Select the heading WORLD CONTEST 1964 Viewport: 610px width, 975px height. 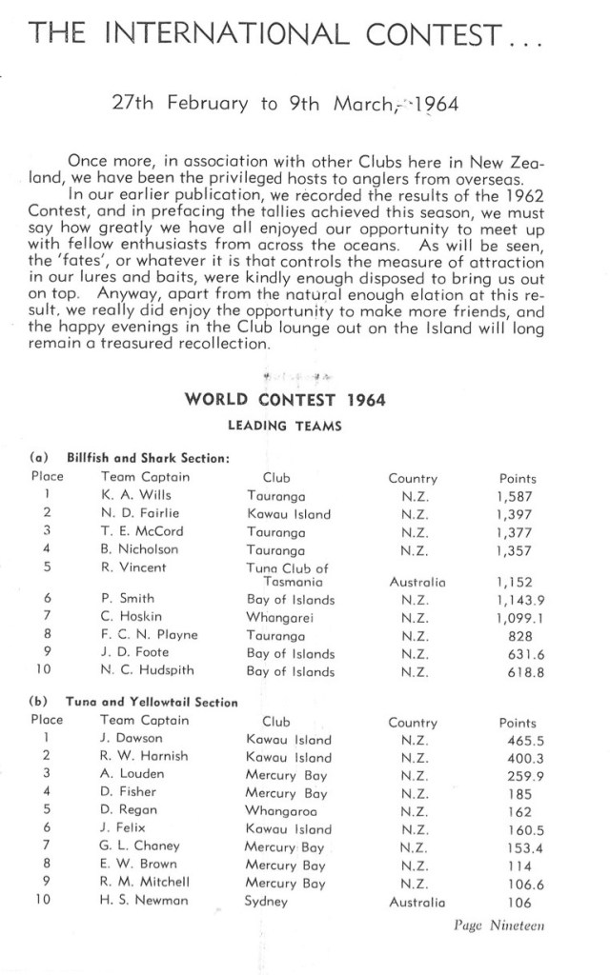tap(285, 399)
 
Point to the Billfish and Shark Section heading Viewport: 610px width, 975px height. tap(149, 458)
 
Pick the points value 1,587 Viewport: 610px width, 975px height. tap(517, 496)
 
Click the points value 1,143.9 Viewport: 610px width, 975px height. tap(517, 600)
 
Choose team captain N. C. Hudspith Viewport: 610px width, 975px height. tap(147, 671)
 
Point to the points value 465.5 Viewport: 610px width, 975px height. tap(520, 740)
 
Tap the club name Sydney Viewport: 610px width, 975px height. tap(266, 900)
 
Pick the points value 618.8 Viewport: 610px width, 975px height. tap(520, 671)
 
